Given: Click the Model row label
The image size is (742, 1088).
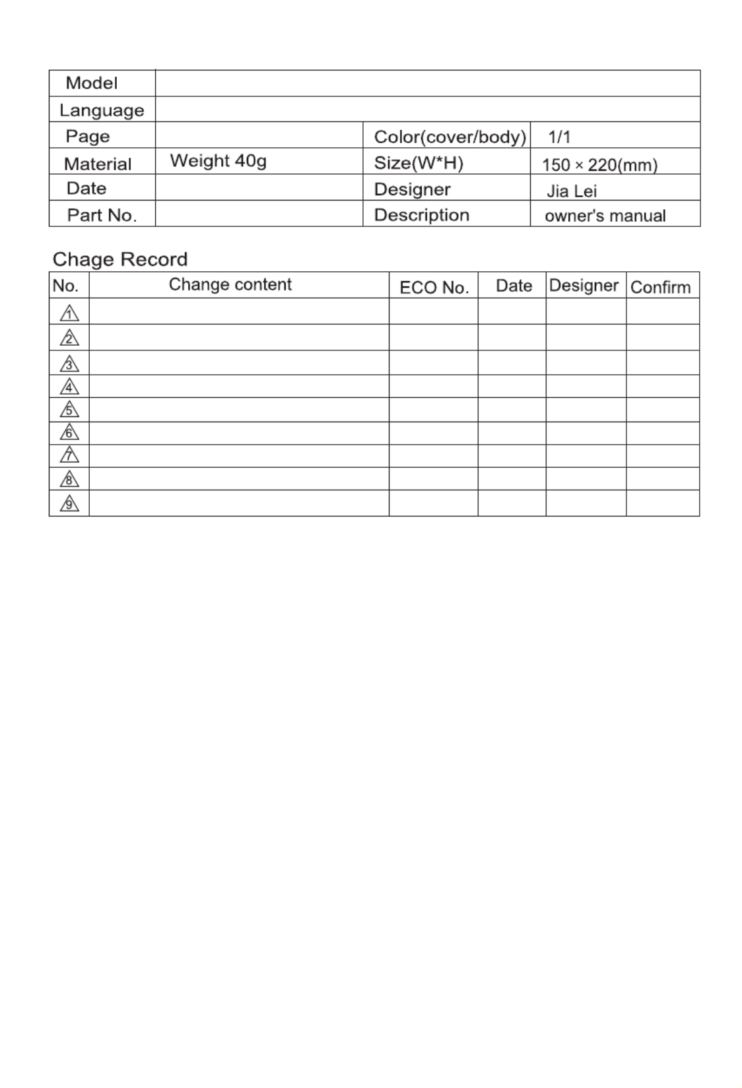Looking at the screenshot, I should point(91,83).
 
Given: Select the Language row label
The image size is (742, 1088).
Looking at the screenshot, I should point(102,110).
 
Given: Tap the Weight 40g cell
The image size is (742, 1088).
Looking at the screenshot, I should point(218,161).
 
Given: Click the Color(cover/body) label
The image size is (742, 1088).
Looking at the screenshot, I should point(450,137).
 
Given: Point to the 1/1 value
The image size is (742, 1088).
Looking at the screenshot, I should point(559,137).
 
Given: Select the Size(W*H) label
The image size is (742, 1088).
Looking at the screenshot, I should point(419,163).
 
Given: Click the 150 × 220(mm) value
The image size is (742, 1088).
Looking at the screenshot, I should point(599,165).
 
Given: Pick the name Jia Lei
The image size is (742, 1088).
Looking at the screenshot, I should point(572,191).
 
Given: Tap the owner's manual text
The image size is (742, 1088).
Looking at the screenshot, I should point(605,216).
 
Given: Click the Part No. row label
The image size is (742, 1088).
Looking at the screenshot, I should point(102,215).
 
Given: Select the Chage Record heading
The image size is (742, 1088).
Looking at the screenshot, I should point(120,259).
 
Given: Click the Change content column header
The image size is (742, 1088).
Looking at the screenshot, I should point(230,284).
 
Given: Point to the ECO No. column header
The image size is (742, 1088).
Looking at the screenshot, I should point(434,288).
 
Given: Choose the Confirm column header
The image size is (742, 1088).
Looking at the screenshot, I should point(660,287).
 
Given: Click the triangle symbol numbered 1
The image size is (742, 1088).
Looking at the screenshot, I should point(69,313).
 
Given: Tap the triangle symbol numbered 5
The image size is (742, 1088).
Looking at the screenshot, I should point(69,410).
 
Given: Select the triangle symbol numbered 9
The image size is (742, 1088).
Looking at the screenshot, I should point(69,504).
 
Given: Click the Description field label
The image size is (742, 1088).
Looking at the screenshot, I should point(421,215).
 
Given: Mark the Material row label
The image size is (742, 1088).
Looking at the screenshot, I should point(98,164).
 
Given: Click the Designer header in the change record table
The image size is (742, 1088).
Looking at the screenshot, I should point(584,285).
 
